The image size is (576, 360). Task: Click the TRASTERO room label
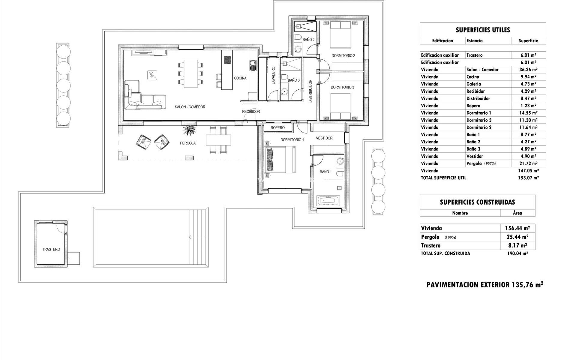pos(51,249)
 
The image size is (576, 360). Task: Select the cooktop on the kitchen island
pos(227,60)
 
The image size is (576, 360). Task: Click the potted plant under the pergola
pos(189,130)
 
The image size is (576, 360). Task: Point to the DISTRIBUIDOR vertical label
pos(310,91)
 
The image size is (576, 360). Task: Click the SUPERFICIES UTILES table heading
pos(482,30)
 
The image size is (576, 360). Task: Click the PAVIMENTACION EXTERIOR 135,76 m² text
pos(484,285)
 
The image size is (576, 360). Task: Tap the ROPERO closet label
pos(277,128)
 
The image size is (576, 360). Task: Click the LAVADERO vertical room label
pos(273,76)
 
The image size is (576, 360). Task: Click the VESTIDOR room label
pos(324,138)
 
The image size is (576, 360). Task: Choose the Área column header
pos(517,213)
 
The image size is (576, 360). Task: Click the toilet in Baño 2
pos(298,37)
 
